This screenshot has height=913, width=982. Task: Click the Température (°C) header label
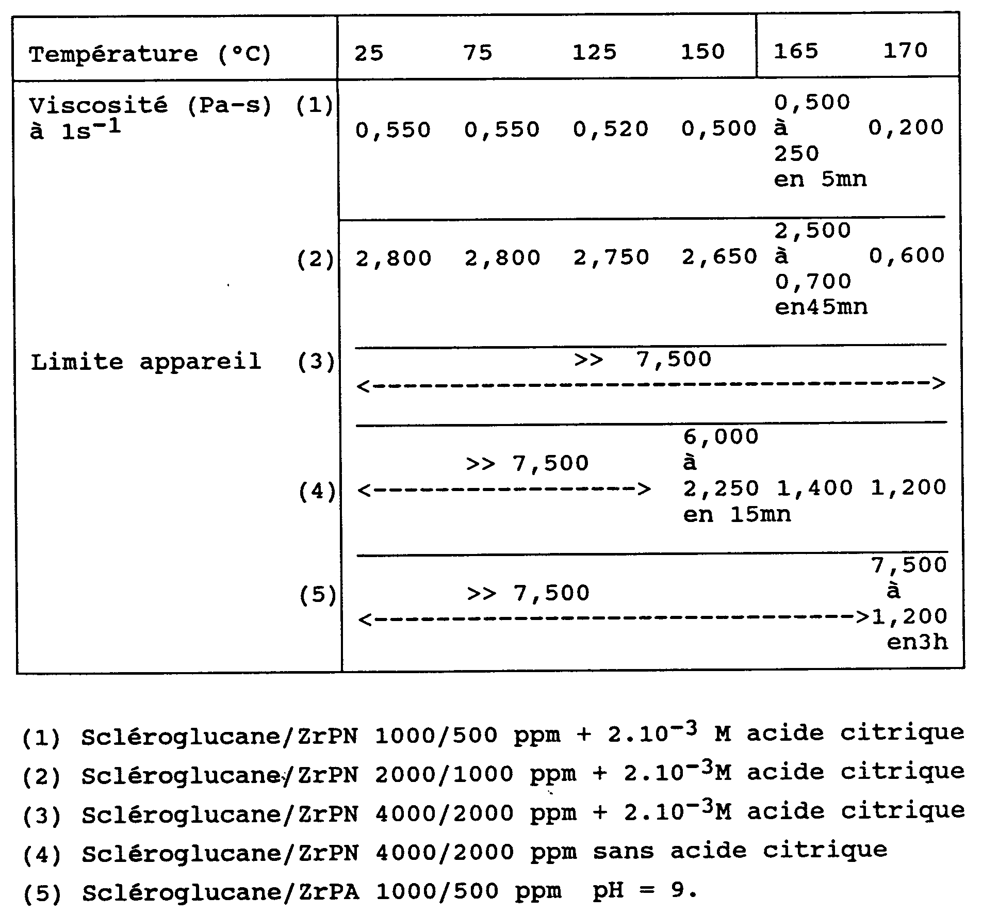150,54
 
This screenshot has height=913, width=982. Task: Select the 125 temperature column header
594,52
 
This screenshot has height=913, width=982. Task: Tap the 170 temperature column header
905,51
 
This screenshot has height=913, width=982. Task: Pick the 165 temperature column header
796,51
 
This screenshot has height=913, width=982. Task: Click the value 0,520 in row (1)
610,129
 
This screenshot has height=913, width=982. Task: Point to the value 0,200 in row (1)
906,127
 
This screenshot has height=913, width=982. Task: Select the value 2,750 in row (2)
611,257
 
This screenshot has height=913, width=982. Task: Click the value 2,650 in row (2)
719,256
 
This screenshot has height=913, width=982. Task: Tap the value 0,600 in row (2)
906,255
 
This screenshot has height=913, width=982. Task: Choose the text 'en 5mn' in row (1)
820,180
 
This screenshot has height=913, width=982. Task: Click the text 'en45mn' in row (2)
821,307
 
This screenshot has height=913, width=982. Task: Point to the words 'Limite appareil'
146,362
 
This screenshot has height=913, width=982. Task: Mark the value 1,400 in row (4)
814,488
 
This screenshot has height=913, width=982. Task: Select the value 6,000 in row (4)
721,437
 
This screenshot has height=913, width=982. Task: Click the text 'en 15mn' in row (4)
737,514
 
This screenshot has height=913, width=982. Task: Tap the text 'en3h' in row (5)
916,642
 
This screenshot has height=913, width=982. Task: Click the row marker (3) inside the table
316,362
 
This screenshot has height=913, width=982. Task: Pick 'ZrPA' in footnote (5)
329,891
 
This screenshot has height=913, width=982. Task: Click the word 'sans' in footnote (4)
623,851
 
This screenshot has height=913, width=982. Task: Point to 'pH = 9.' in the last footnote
645,890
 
